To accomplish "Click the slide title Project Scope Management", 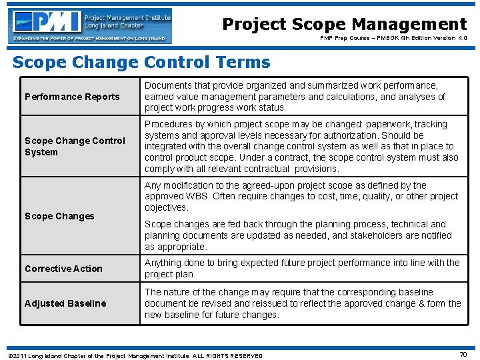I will coord(344,24).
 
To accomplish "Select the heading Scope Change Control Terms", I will coord(141,63).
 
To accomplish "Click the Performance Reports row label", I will coord(72,97).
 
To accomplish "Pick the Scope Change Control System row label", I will coord(75,146).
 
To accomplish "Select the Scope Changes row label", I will coord(59,216).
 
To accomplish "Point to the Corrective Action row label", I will coord(63,269).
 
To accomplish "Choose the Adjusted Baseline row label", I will coord(65,303).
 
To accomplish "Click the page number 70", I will coord(463,355).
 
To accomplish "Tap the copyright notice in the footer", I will coord(133,355).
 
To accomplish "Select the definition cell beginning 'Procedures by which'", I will coord(301,146).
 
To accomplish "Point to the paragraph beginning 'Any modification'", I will coord(301,197).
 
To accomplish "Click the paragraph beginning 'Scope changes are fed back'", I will coord(298,235).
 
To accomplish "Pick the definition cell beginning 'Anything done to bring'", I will coord(302,269).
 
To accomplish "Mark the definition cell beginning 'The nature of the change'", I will coord(303,303).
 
